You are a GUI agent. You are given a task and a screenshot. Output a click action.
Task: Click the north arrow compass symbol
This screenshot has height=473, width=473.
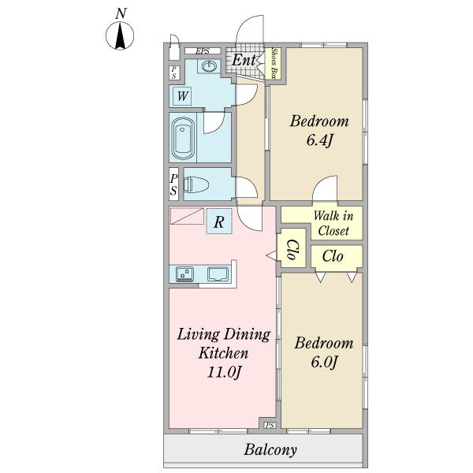[120, 35]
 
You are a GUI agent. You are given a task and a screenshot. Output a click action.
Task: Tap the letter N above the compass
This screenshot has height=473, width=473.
[121, 13]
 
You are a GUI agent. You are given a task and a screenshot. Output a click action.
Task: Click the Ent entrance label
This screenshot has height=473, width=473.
[244, 60]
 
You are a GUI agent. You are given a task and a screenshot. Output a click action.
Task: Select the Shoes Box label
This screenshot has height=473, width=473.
[274, 63]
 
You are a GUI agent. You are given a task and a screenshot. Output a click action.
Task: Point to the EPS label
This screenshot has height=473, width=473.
[203, 51]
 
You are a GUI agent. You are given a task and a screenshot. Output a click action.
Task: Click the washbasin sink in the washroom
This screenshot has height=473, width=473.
[209, 66]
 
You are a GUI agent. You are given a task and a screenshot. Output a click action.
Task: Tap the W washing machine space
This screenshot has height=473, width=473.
[183, 96]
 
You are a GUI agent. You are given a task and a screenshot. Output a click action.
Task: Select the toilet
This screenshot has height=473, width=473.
[196, 184]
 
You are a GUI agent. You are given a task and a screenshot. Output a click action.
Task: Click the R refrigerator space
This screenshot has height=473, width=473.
[219, 222]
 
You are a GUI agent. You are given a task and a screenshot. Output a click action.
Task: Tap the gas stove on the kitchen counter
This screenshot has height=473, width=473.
[185, 274]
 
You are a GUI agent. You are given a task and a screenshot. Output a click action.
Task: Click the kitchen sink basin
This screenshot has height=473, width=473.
[218, 274]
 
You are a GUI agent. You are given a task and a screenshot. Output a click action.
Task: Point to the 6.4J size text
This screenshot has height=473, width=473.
[319, 140]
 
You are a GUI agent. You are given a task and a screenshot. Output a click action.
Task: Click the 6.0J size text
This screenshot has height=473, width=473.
[324, 362]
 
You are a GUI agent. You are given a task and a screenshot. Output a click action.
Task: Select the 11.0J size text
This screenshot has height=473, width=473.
[224, 372]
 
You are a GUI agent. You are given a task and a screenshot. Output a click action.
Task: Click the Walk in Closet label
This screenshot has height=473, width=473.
[333, 224]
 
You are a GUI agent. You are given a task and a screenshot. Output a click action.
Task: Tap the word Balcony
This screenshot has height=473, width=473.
[270, 450]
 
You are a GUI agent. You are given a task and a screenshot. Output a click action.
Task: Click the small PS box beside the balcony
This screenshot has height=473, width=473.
[270, 426]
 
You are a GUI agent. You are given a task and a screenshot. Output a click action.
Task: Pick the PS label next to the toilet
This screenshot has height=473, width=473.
[173, 184]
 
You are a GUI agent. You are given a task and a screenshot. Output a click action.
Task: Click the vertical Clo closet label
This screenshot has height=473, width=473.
[292, 249]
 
